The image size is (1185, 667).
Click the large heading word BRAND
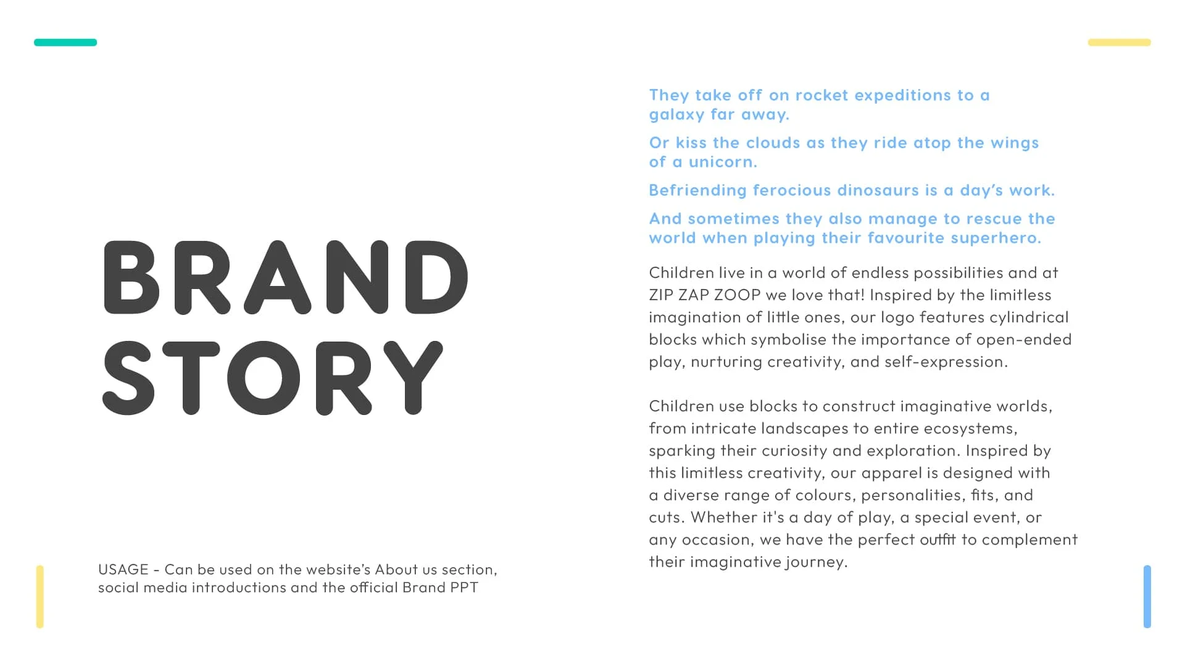286,278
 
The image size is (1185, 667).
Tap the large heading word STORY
272,378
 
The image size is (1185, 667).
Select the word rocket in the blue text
821,95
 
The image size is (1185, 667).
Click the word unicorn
722,162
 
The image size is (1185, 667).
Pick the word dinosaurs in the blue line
878,190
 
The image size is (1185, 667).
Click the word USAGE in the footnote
123,569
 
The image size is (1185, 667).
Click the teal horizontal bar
65,43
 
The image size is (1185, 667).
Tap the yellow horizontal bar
1119,43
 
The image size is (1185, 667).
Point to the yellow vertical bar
40,597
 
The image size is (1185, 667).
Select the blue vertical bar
1147,597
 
